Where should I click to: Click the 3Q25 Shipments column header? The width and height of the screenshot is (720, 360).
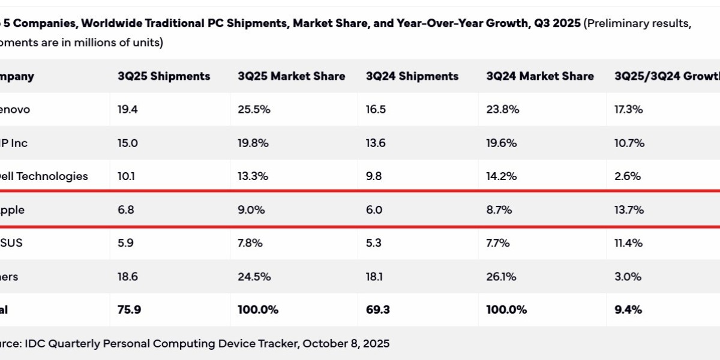(164, 76)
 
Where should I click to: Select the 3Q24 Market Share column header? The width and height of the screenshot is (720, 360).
(540, 76)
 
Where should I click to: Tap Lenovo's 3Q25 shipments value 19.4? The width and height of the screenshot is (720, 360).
(128, 110)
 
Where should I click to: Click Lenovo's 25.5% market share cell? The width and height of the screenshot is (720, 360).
(254, 110)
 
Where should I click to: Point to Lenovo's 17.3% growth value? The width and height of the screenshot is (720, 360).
(629, 110)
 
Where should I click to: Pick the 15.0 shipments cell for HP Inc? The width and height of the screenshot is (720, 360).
(128, 143)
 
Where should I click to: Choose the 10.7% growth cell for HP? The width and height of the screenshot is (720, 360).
(629, 143)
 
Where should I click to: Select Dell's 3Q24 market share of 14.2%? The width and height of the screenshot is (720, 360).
(503, 176)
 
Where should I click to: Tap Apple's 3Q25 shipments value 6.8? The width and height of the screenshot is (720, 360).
(126, 210)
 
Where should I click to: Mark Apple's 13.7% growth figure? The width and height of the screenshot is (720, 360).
(629, 210)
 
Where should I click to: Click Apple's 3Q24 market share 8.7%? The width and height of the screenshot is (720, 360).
(501, 210)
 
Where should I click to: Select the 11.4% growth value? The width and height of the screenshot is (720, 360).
(629, 243)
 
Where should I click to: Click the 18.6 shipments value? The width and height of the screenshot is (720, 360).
(128, 277)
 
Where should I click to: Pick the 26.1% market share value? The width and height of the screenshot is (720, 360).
(502, 277)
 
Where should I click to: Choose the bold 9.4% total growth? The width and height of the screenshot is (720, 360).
(628, 310)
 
